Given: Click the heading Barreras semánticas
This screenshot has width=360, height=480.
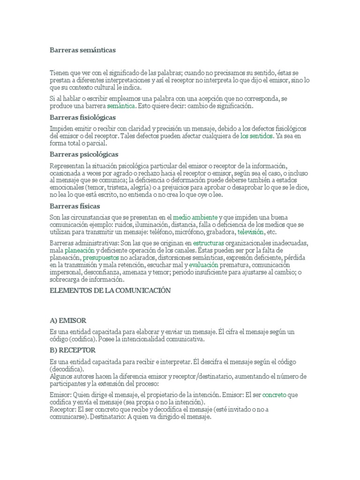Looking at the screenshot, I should [82, 49].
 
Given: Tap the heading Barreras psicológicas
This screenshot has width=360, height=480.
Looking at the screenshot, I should [84, 154].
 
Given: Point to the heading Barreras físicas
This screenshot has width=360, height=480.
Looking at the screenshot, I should [75, 206].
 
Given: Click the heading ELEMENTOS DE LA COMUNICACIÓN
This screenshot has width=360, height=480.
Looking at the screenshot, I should [110, 291].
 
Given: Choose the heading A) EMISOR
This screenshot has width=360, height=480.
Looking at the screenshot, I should [68, 321].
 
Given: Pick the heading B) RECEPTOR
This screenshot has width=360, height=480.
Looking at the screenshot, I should [73, 350].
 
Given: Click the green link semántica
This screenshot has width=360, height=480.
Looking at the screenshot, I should [121, 106].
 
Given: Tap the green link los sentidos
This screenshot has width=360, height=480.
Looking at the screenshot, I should [256, 136].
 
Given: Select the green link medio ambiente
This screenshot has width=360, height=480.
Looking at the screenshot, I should [195, 217].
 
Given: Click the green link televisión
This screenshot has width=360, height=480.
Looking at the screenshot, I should [251, 232].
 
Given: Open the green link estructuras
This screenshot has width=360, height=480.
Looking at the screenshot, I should [209, 243].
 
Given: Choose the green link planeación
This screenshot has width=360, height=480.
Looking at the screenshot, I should [76, 251].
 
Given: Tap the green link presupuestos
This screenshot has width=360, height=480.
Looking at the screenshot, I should [100, 258].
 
